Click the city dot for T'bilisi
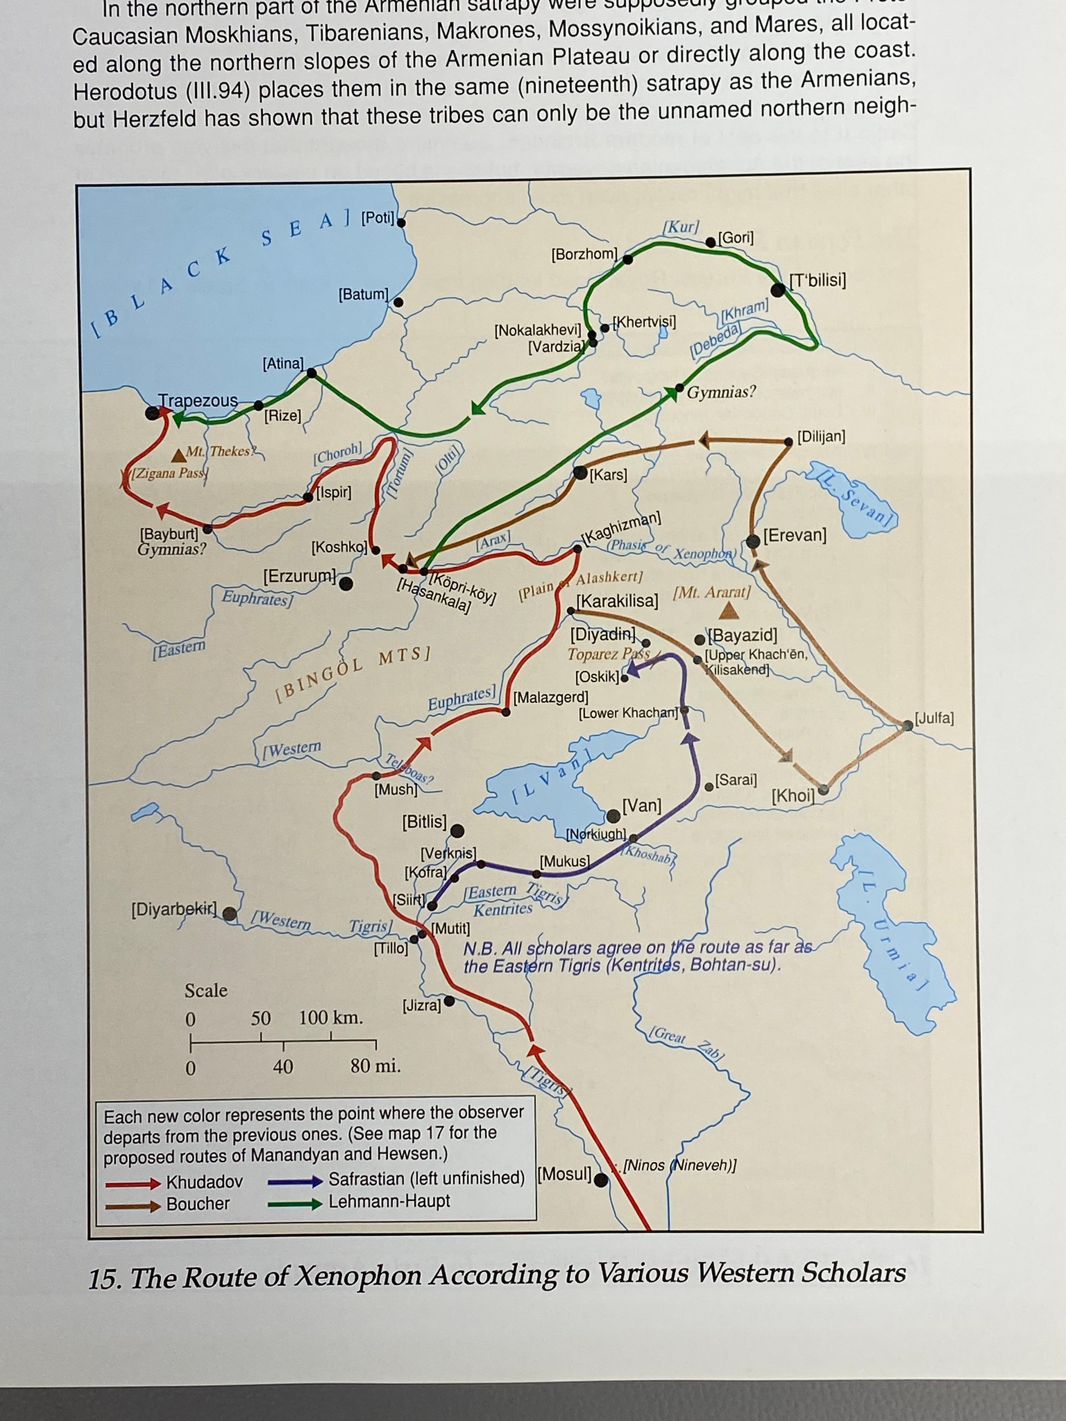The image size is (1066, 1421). point(778,290)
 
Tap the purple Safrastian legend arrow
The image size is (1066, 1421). point(295,1181)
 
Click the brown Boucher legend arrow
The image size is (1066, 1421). point(133,1205)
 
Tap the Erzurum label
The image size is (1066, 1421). point(299,576)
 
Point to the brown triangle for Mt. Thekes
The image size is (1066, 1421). point(179,456)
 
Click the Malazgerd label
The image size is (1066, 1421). point(551,697)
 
